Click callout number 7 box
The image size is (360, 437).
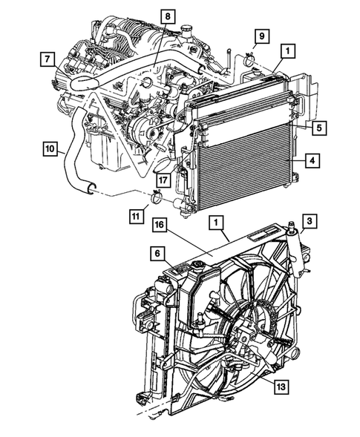[46, 57]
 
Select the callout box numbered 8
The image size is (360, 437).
[168, 16]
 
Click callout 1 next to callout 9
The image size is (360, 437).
[287, 51]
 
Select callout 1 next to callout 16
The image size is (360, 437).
[215, 221]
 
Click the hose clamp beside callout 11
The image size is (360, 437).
[157, 197]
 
